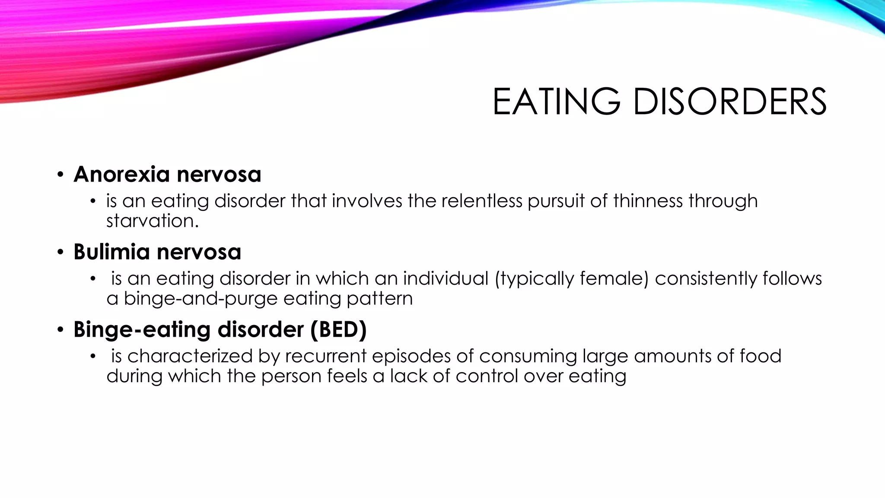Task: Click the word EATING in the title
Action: pos(557,102)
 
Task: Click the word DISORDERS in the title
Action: pos(730,102)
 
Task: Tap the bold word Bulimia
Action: pos(111,252)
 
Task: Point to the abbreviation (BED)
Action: pos(338,329)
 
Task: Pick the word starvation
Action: pos(153,221)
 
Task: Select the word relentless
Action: pos(482,201)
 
